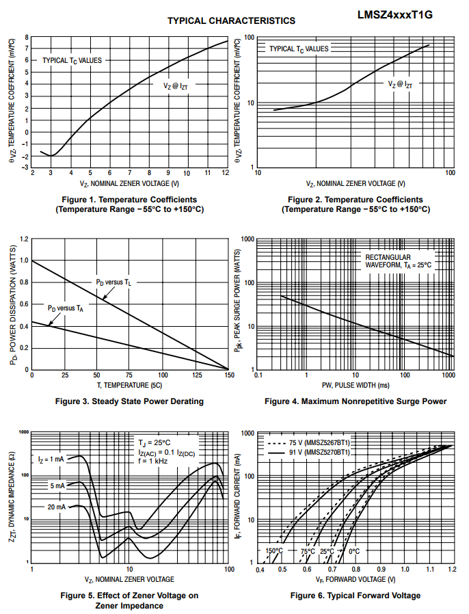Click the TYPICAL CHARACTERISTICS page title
point(232,21)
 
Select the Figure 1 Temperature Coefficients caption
point(129,204)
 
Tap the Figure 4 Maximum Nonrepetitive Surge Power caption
point(356,401)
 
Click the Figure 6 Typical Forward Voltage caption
point(356,596)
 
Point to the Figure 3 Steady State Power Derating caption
point(129,401)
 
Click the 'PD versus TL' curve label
point(113,282)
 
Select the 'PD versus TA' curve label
point(66,308)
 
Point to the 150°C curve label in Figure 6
point(273,550)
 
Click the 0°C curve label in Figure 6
point(355,550)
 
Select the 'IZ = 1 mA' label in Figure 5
point(51,459)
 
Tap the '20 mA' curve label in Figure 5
point(57,507)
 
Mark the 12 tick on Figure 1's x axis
point(226,173)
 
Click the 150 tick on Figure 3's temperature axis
point(228,375)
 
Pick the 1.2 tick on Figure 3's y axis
point(25,239)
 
